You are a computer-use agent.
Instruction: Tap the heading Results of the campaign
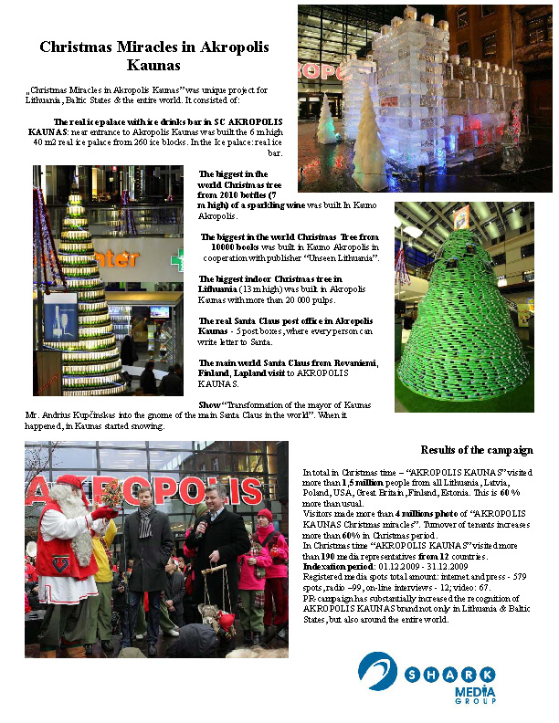point(477,450)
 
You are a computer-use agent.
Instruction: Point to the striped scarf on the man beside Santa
point(145,520)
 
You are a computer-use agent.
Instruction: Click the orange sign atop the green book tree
point(462,217)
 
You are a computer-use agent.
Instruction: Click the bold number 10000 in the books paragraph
point(225,246)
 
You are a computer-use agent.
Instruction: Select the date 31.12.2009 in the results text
point(438,566)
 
